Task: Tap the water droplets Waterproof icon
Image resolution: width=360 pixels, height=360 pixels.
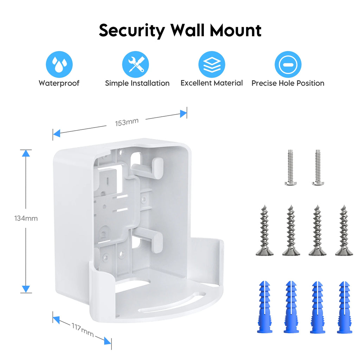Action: (59, 64)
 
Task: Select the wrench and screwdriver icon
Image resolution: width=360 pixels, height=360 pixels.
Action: (135, 64)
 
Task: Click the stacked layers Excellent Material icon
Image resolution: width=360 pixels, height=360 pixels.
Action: (212, 64)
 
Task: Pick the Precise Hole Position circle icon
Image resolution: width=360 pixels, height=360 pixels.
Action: (288, 64)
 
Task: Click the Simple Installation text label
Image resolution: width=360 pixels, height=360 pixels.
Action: (137, 83)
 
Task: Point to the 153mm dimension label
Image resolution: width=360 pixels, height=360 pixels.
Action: (127, 122)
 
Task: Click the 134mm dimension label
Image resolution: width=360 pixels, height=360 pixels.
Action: (26, 218)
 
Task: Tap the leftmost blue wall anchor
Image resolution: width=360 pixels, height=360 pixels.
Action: (264, 307)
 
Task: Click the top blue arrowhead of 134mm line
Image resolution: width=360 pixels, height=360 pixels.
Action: (26, 153)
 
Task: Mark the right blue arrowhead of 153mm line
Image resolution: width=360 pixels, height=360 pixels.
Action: (183, 114)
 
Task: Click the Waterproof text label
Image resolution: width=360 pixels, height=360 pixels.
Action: (59, 83)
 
